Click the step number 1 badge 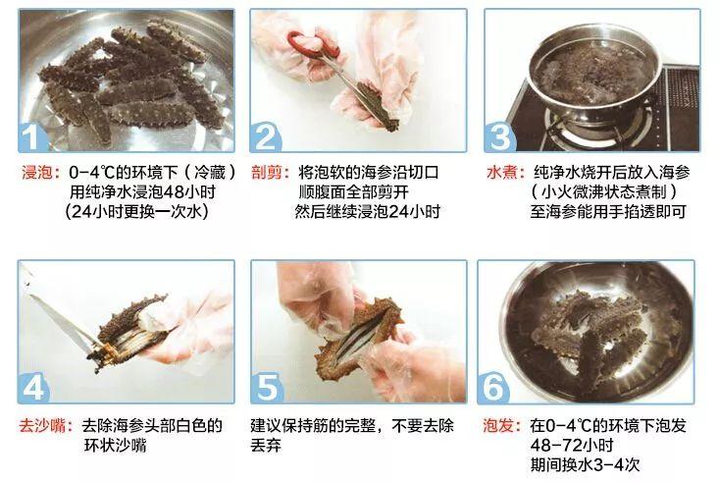click(x=33, y=136)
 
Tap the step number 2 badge click(x=266, y=136)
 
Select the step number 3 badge click(x=500, y=136)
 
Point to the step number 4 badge click(x=33, y=387)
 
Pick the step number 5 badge click(x=267, y=387)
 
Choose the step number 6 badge click(x=493, y=387)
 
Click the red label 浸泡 click(x=36, y=173)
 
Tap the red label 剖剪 click(x=267, y=173)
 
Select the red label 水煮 click(x=501, y=173)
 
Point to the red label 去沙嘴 click(x=42, y=426)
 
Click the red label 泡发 click(x=498, y=426)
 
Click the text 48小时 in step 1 click(x=189, y=191)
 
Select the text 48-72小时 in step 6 click(x=572, y=446)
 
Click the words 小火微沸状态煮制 click(x=604, y=191)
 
